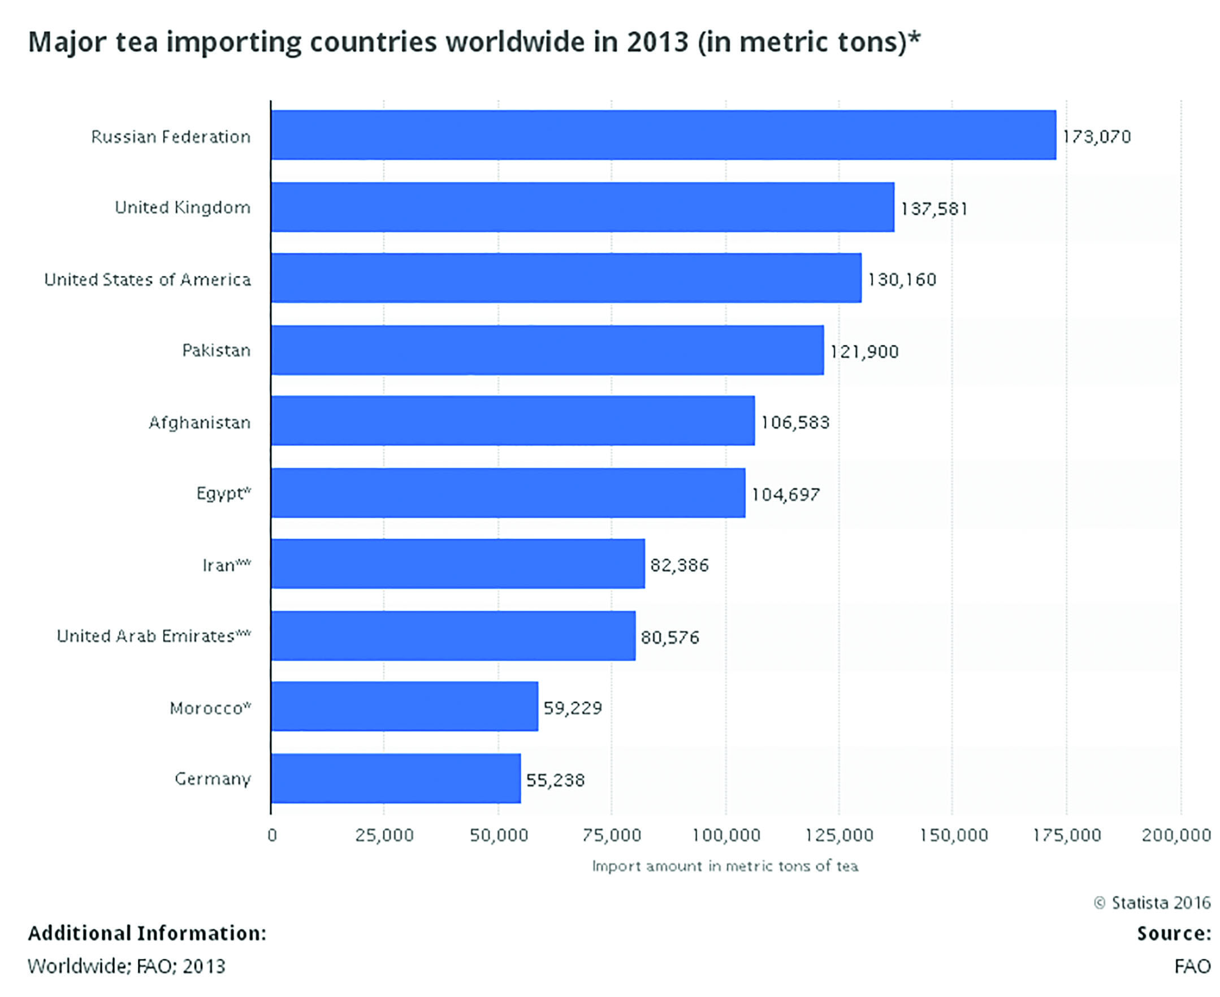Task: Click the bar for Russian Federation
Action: tap(663, 135)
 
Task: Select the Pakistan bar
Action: tap(547, 350)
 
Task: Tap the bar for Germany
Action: tap(396, 779)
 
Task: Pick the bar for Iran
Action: tap(458, 564)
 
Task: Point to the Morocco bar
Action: tap(404, 706)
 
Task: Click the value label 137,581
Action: tap(934, 208)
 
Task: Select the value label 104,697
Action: tap(786, 494)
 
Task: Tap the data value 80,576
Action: tap(670, 637)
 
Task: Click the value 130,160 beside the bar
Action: tap(902, 280)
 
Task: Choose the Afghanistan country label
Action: tap(200, 423)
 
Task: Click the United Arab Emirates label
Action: tap(153, 636)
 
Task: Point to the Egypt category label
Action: tap(223, 493)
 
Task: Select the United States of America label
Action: tap(148, 280)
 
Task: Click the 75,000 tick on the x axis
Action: tap(611, 835)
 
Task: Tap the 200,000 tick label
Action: tap(1176, 835)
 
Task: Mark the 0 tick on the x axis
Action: tap(272, 835)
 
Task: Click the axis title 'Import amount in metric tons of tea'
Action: tap(725, 866)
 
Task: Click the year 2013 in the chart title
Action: tap(657, 42)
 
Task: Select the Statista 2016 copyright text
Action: tap(1152, 903)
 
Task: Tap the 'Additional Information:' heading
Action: tap(147, 933)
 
